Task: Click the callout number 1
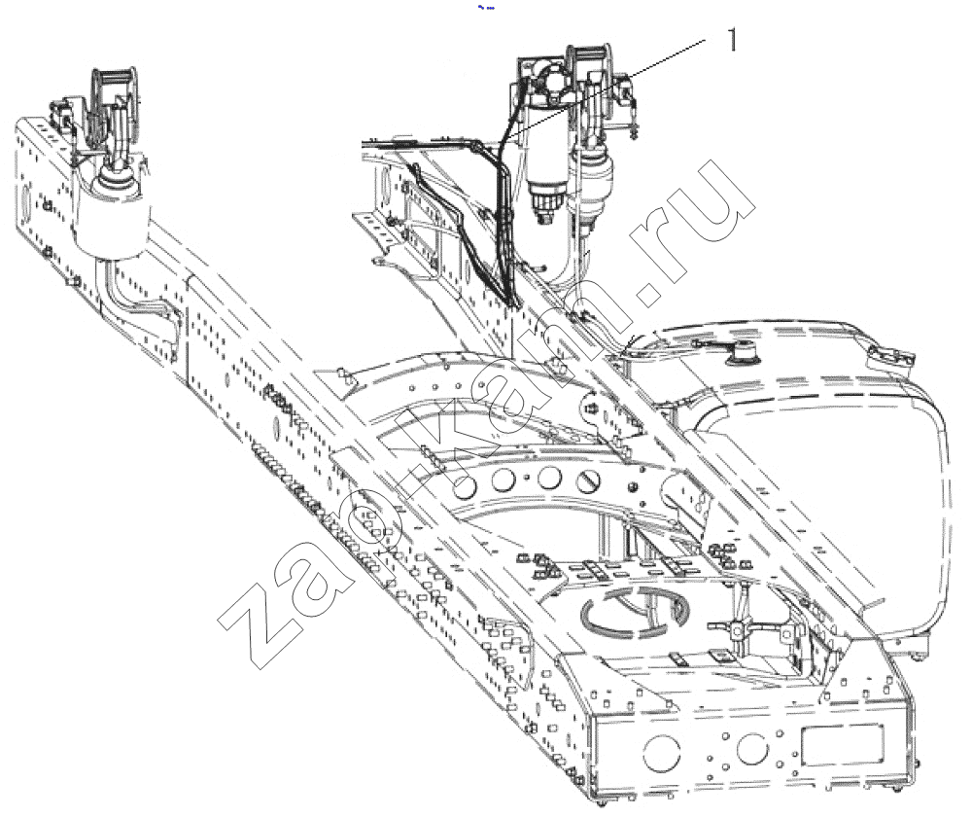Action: [x=733, y=40]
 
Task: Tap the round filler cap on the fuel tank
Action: [x=744, y=353]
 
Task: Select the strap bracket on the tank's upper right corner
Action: [x=890, y=360]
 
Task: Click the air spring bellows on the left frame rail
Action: [x=112, y=220]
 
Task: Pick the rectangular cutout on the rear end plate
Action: [x=841, y=745]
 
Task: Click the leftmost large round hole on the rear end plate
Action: [x=661, y=753]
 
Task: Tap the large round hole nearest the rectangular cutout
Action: [x=752, y=749]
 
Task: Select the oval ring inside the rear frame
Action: [x=634, y=613]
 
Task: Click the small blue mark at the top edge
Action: [x=486, y=8]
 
